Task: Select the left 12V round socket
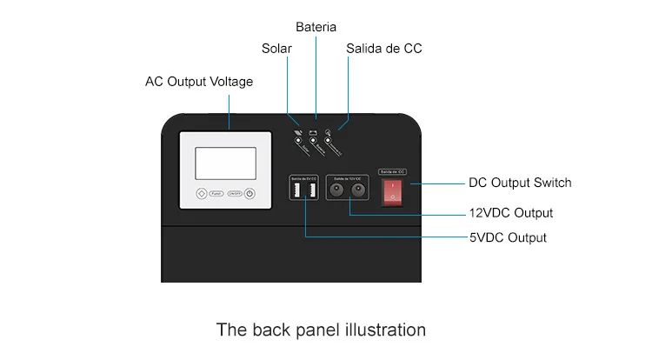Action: click(339, 192)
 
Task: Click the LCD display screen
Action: click(225, 163)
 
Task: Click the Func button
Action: click(218, 195)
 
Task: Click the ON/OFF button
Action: click(235, 195)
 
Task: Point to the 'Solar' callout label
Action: click(276, 49)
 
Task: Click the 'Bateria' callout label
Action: click(316, 27)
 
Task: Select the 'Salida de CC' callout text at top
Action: click(383, 49)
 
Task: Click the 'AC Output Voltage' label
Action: click(199, 82)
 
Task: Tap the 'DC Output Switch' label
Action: click(520, 183)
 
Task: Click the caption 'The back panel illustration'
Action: click(321, 330)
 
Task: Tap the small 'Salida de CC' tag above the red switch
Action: click(394, 171)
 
